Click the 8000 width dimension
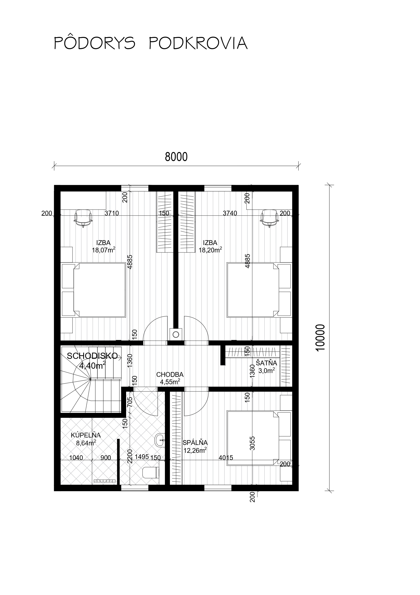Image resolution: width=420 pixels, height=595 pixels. (x=176, y=157)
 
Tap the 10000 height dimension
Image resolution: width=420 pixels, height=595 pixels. (x=320, y=338)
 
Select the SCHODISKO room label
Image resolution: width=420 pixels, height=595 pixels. (x=92, y=356)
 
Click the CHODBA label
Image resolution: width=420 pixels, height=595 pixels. (x=170, y=374)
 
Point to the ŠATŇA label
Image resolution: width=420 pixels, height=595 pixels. (x=267, y=363)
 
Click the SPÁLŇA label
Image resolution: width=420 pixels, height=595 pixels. (x=195, y=443)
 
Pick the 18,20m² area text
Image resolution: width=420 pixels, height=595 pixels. (x=210, y=250)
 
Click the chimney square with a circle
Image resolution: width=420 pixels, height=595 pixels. (x=176, y=334)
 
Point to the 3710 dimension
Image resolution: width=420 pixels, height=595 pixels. (x=112, y=213)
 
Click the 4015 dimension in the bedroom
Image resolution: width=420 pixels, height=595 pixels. (x=226, y=458)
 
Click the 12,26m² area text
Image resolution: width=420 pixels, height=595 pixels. (x=195, y=450)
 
